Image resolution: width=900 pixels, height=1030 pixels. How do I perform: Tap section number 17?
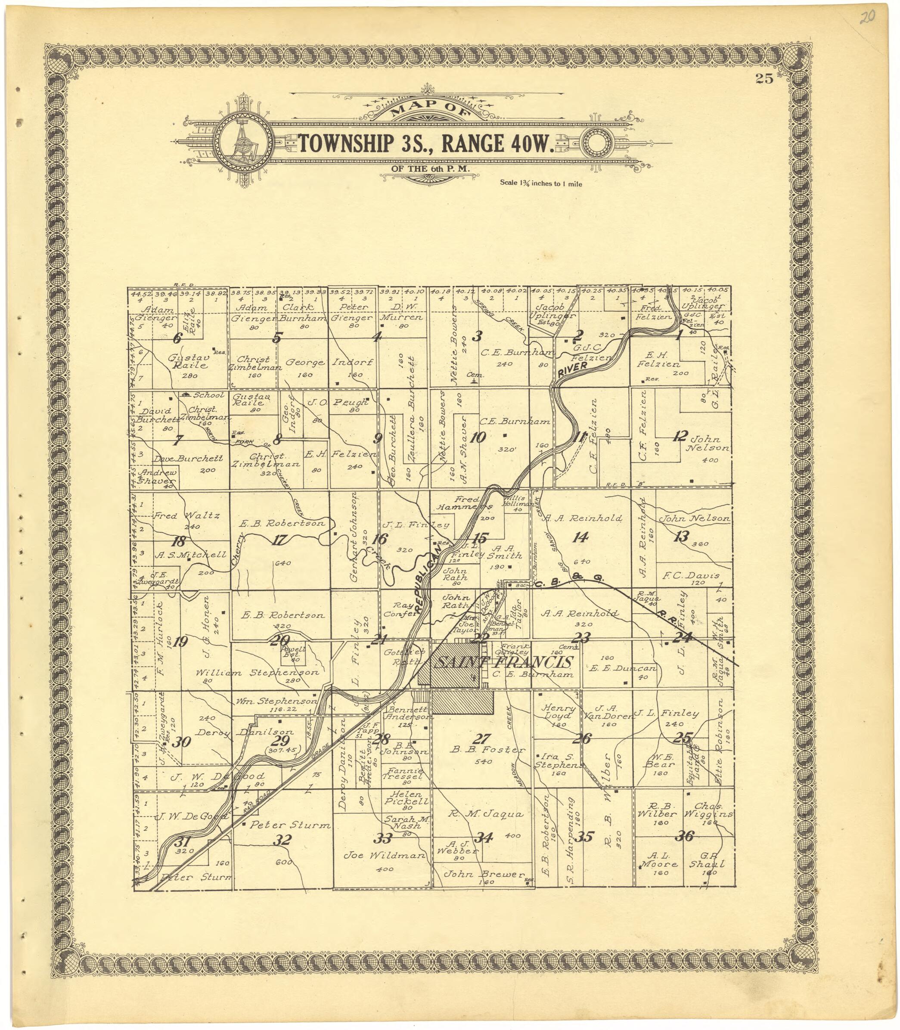pos(279,540)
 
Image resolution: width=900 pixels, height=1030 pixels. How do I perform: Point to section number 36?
pos(685,836)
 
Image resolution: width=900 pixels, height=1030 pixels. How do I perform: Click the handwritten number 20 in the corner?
pos(866,18)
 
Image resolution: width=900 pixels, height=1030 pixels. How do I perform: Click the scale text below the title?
pos(541,183)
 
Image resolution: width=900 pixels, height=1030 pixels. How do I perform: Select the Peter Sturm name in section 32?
pos(290,825)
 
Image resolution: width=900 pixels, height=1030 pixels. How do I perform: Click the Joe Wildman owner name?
pos(384,855)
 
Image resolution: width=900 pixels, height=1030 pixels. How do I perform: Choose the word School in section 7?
pos(208,395)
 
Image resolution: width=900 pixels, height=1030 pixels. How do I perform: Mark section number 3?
pos(477,336)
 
